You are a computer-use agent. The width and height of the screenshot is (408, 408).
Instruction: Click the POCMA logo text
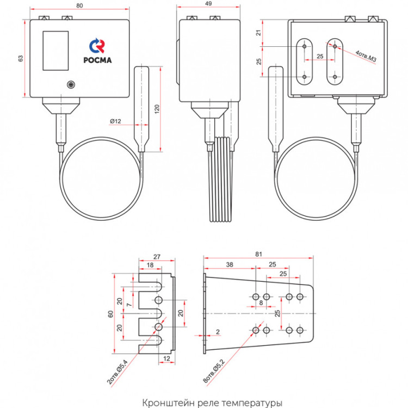coord(97,60)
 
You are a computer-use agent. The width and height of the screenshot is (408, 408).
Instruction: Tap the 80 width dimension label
coord(79,5)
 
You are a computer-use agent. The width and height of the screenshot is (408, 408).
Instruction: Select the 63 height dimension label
coord(21,59)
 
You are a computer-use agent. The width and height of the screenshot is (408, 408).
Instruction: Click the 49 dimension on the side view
coord(208,3)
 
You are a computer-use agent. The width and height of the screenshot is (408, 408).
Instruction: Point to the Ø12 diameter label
coord(115,121)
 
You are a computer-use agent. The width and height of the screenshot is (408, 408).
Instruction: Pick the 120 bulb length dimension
coord(157,109)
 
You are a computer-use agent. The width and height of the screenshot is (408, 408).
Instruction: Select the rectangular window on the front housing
coord(55,51)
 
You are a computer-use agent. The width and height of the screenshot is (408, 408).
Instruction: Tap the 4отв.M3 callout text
coord(366,56)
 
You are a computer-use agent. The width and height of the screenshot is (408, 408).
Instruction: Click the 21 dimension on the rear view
coord(258,33)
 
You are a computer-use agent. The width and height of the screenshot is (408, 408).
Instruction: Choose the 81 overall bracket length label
coord(258,254)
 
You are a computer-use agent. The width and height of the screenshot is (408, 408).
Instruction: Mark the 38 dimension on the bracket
coord(230,264)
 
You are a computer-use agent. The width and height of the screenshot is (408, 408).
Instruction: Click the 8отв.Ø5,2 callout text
coord(214,372)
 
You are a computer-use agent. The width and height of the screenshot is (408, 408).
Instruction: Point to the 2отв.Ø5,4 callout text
coord(118,372)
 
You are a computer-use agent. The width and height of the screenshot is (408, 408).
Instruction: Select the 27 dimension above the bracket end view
coord(157,257)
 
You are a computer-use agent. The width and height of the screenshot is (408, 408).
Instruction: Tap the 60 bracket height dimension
coord(110,314)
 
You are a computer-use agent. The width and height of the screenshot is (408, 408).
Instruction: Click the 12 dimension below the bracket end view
coord(166,358)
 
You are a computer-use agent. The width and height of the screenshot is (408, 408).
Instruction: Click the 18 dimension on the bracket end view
coord(150,265)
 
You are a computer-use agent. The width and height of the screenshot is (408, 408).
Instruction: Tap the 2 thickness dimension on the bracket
coord(218,332)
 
